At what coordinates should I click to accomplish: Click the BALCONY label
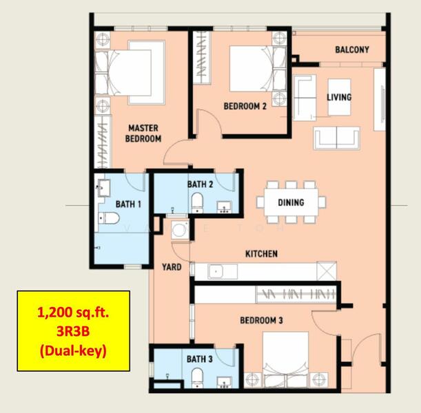click(352, 50)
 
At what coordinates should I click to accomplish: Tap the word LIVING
click(339, 97)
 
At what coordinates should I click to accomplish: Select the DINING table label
click(291, 202)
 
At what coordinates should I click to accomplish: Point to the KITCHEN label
click(262, 254)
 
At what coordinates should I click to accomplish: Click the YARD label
click(172, 267)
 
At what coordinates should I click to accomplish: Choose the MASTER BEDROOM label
click(143, 134)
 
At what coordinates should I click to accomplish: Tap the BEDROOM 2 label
click(245, 106)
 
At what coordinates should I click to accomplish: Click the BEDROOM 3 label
click(262, 320)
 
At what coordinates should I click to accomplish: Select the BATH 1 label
click(128, 204)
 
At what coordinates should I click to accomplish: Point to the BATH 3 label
click(200, 359)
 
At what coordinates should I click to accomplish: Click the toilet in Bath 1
click(109, 218)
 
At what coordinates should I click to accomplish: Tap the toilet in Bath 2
click(197, 202)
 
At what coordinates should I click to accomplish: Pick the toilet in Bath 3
click(197, 378)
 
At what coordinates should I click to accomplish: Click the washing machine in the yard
click(179, 230)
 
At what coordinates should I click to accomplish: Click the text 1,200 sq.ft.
click(73, 313)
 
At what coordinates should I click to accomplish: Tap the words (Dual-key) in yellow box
click(73, 351)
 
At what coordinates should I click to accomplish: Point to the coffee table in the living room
click(340, 97)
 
